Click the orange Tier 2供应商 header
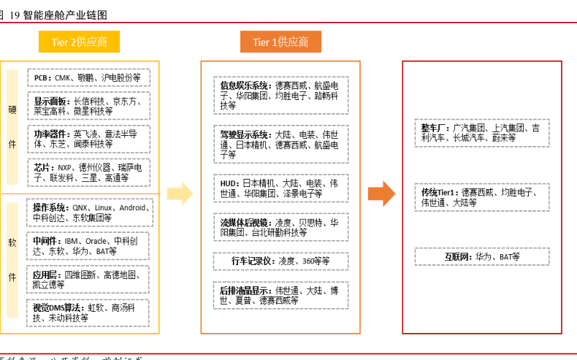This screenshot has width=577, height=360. tap(79, 42)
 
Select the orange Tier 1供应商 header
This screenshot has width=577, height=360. tap(280, 42)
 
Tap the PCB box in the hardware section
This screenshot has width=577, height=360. tap(88, 77)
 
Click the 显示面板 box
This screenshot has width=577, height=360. tap(88, 106)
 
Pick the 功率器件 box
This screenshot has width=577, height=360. tap(88, 139)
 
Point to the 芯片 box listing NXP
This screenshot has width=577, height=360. tap(88, 172)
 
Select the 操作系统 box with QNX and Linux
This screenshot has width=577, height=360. tap(88, 212)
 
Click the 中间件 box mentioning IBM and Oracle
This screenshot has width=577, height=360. tap(88, 246)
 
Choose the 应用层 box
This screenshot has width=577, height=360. tap(88, 280)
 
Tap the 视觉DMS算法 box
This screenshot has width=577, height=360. tap(88, 313)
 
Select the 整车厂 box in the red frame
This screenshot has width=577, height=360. tap(481, 132)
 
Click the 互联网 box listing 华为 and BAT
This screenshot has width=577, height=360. tap(481, 257)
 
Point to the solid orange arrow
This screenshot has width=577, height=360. tap(381, 194)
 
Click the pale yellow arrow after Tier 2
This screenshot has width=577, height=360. tap(180, 194)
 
